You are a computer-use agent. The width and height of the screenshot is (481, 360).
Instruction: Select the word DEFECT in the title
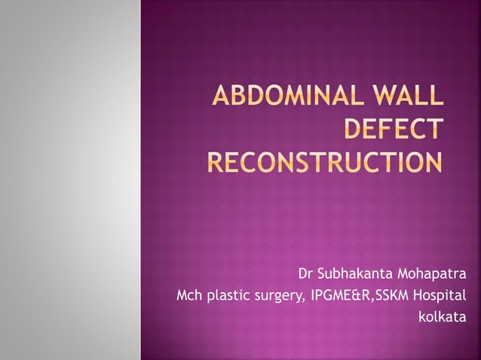point(392,131)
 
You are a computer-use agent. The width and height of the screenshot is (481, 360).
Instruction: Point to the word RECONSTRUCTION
point(325,162)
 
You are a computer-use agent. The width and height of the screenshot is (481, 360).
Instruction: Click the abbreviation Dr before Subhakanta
point(306,271)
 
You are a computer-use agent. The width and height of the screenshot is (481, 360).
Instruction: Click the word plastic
point(227,294)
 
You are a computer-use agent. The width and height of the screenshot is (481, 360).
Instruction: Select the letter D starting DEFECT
point(353,131)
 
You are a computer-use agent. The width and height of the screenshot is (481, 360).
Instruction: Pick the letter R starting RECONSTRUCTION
point(216,162)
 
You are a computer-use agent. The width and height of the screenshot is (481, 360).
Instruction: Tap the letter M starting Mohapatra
point(403,271)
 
